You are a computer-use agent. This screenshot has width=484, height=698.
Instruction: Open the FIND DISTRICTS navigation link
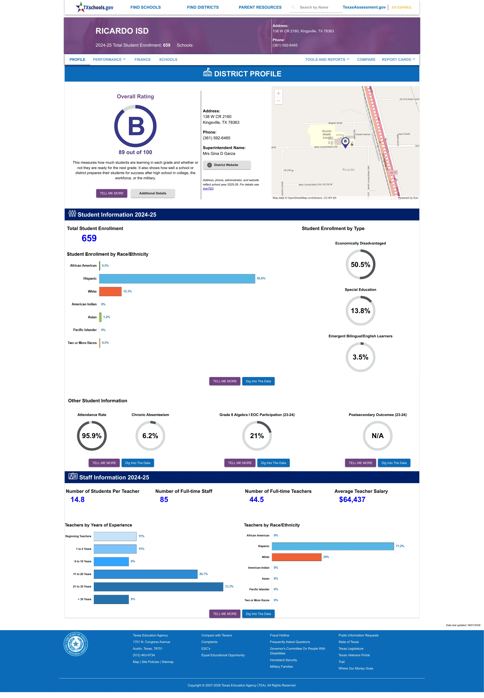tap(203, 7)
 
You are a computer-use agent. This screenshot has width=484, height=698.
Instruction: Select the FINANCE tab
tap(143, 59)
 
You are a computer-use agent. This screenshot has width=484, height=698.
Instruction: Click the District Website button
tap(227, 165)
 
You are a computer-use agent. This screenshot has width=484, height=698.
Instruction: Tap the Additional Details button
tap(152, 193)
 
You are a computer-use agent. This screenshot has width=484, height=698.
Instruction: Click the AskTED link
tap(208, 189)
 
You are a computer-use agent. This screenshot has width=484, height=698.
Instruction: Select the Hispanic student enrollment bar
tap(177, 278)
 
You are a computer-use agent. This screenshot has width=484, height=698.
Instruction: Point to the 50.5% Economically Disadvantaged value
tap(360, 264)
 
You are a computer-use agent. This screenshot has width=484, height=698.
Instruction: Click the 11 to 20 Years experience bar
tap(145, 574)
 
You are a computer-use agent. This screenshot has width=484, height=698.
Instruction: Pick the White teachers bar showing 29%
tap(297, 557)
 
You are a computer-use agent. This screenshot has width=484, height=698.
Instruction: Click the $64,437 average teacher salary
tap(352, 499)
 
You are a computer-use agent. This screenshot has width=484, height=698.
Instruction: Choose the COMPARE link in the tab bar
tap(366, 59)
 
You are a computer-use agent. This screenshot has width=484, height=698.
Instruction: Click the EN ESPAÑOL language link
tap(402, 7)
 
